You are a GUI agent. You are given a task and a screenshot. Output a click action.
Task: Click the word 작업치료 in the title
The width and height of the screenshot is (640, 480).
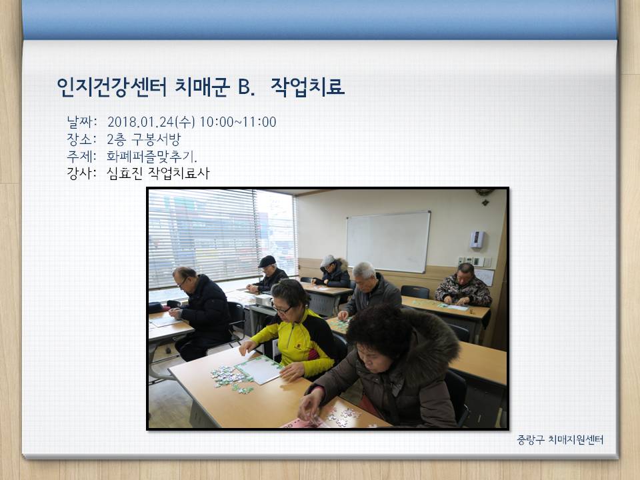click(307, 87)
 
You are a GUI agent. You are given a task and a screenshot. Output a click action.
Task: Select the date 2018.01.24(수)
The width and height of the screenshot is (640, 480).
click(151, 121)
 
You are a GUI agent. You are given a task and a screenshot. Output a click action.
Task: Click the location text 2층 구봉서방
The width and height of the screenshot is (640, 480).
click(144, 139)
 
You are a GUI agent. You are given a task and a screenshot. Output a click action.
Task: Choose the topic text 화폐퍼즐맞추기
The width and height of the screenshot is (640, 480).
click(151, 156)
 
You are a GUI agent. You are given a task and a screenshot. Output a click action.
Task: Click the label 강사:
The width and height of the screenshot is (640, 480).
click(81, 173)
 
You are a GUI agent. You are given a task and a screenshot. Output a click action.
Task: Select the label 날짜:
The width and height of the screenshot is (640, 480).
click(81, 121)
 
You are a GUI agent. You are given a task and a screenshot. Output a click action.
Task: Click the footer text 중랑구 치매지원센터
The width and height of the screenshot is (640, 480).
click(560, 439)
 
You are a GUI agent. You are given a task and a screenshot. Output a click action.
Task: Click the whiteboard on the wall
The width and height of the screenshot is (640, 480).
click(388, 241)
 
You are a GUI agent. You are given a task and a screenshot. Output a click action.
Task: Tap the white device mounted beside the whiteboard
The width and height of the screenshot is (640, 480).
click(477, 239)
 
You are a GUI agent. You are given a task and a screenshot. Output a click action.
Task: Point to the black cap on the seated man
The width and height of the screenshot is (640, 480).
click(267, 261)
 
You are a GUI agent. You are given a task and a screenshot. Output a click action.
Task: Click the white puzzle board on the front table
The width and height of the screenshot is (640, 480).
click(259, 369)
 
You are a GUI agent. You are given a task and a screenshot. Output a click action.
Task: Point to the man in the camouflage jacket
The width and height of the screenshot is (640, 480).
click(463, 286)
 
